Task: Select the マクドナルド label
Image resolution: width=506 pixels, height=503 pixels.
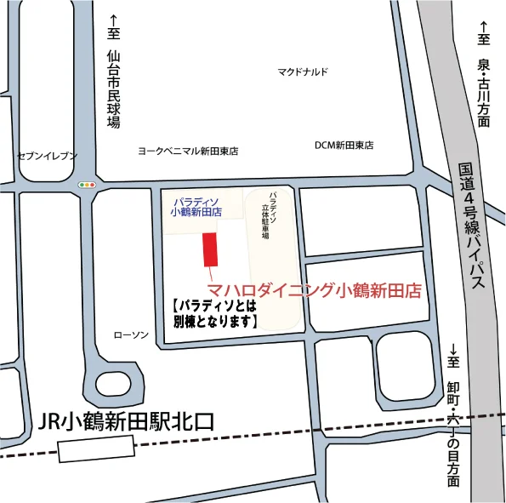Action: point(302,72)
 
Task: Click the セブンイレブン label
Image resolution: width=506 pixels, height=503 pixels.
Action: point(47,156)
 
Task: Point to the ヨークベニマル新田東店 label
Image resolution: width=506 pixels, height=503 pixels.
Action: point(188,151)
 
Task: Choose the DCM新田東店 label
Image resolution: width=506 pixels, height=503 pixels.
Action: point(344,146)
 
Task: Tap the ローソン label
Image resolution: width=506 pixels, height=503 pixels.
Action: point(131,334)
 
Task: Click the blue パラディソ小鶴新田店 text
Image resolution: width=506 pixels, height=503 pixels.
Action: point(196,207)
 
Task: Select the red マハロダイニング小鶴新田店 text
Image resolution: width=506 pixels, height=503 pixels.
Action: point(316,290)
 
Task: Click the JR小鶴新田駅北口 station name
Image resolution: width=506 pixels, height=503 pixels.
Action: point(128,421)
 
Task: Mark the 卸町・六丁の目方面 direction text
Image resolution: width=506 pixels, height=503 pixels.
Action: point(453,426)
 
